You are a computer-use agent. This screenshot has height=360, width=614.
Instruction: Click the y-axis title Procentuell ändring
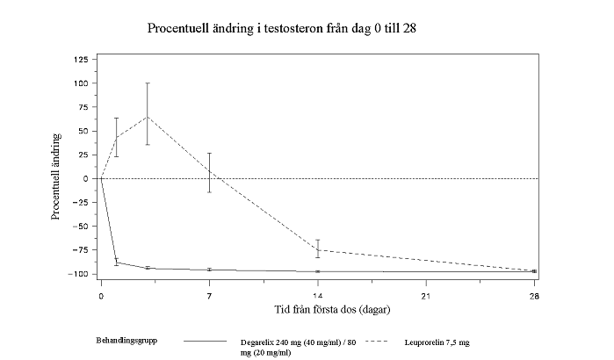click(56, 176)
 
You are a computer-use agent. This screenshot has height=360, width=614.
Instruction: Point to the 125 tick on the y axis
click(80, 59)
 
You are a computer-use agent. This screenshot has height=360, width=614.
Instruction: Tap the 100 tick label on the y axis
click(80, 83)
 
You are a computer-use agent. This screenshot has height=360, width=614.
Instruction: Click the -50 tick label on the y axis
click(80, 226)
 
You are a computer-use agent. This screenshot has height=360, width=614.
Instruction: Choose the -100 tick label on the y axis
click(78, 273)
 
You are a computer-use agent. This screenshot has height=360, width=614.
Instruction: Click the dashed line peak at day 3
click(148, 116)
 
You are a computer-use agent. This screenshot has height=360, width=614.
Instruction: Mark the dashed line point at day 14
click(318, 249)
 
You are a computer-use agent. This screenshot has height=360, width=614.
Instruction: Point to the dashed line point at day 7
click(209, 172)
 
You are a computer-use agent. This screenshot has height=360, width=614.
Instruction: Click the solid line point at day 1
click(117, 262)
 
